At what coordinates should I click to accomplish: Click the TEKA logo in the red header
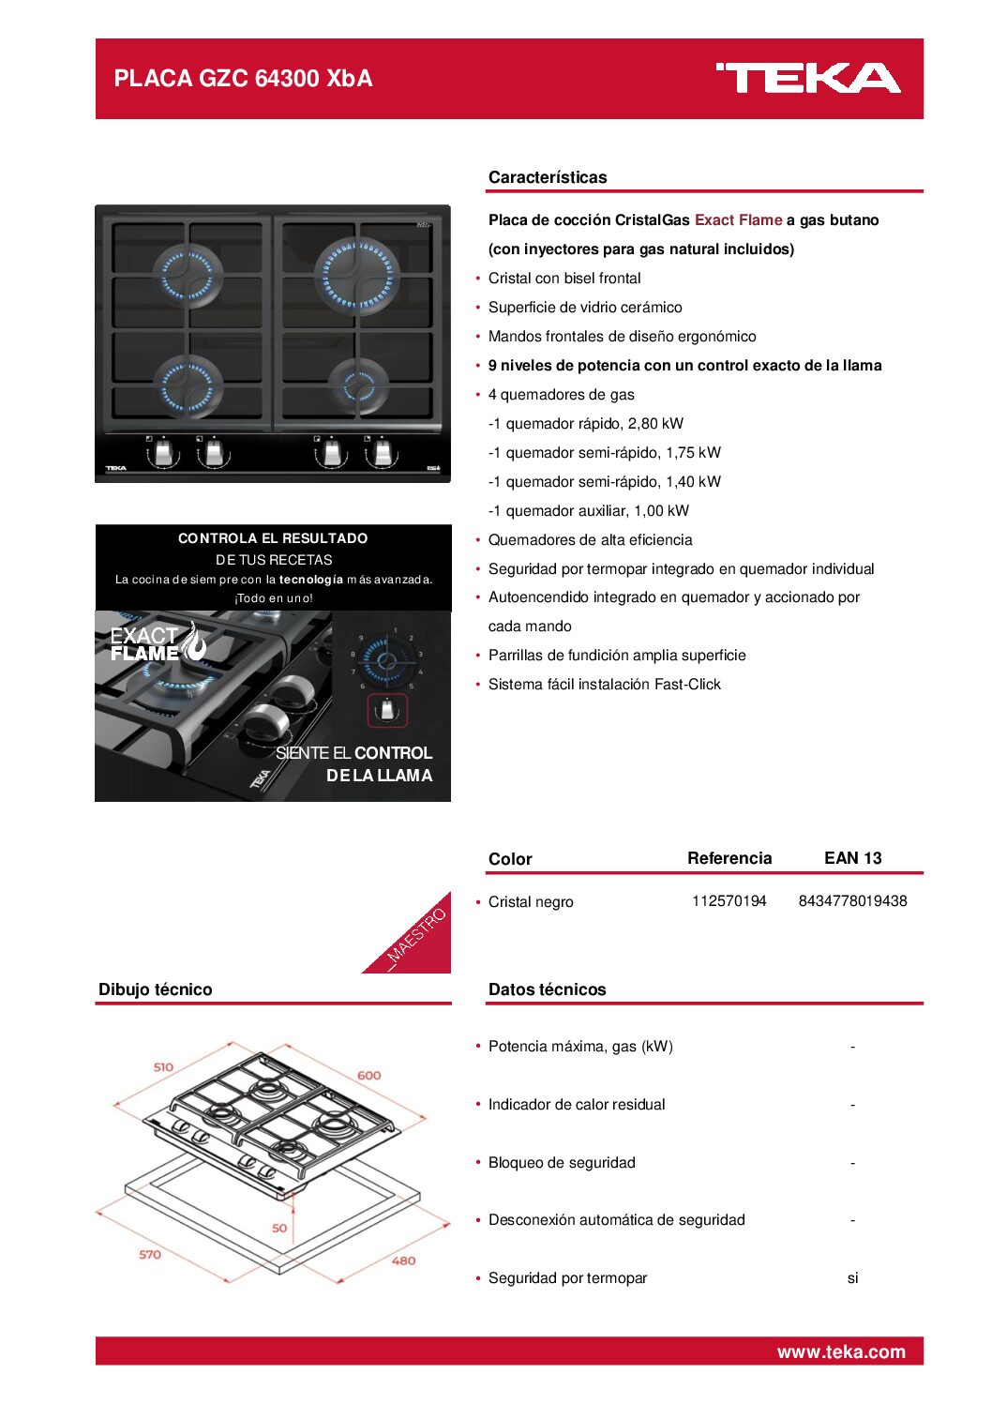(x=807, y=79)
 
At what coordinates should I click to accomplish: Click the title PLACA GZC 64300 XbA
(x=243, y=79)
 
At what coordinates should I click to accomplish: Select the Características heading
(x=548, y=177)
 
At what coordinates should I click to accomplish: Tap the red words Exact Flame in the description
(x=738, y=220)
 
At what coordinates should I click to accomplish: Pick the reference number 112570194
(x=729, y=901)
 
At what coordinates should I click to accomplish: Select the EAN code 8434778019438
(x=852, y=901)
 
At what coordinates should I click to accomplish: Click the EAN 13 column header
(x=852, y=858)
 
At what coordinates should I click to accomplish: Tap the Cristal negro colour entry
(x=531, y=902)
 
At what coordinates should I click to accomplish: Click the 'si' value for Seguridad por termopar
(x=852, y=1278)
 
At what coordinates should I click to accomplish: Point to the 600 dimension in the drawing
(x=369, y=1076)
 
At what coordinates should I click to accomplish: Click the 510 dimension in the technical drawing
(x=163, y=1067)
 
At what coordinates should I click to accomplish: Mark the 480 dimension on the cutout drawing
(x=403, y=1261)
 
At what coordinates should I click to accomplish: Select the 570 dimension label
(x=150, y=1255)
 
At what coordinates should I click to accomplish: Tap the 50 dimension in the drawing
(x=279, y=1228)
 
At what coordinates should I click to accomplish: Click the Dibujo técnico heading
(x=156, y=989)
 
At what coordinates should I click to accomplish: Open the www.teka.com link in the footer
(x=841, y=1351)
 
